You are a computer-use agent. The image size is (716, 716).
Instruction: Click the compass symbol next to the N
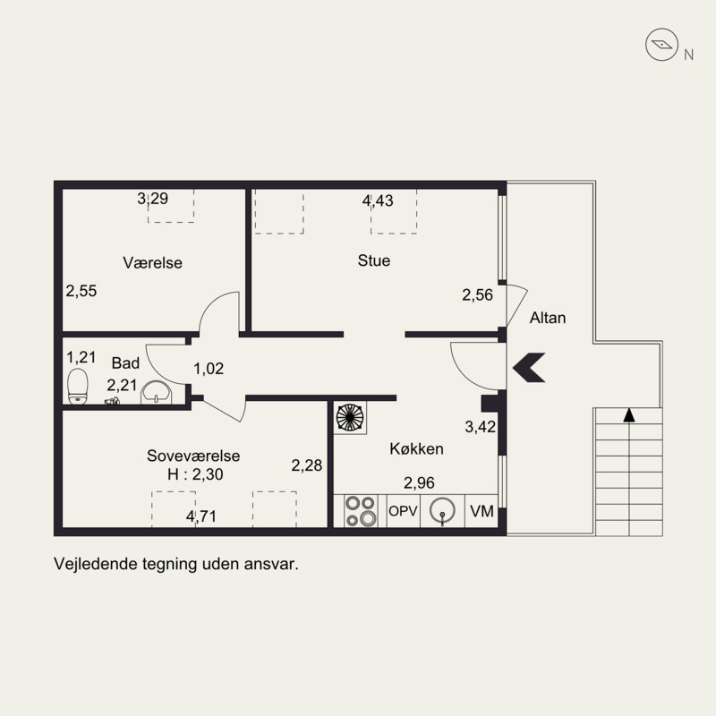[661, 44]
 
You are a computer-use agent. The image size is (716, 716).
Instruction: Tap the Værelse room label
[152, 262]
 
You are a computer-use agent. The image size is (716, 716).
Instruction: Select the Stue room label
[374, 260]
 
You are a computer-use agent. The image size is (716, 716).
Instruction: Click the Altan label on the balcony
[548, 318]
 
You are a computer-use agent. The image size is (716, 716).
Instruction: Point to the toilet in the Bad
[78, 387]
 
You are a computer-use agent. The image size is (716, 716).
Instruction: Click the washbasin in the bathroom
[156, 393]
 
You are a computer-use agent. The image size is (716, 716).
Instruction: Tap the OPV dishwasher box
[404, 510]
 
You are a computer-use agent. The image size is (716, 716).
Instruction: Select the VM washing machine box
[482, 510]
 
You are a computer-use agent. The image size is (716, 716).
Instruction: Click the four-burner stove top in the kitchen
[361, 510]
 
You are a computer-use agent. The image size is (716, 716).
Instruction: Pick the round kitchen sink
[442, 510]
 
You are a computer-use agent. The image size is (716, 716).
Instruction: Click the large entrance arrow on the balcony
[529, 367]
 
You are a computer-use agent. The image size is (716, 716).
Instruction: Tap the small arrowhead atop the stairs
[629, 414]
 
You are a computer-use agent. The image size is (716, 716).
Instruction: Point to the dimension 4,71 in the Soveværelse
[200, 516]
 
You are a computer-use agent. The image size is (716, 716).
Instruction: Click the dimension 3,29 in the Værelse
[152, 198]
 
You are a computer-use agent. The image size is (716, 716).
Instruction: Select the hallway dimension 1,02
[209, 369]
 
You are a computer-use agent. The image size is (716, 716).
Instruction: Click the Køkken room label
[416, 448]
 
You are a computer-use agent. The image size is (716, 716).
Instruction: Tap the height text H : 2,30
[195, 474]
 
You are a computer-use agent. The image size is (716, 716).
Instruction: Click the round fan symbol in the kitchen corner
[350, 417]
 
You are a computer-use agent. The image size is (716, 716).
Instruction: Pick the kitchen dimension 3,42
[480, 427]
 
